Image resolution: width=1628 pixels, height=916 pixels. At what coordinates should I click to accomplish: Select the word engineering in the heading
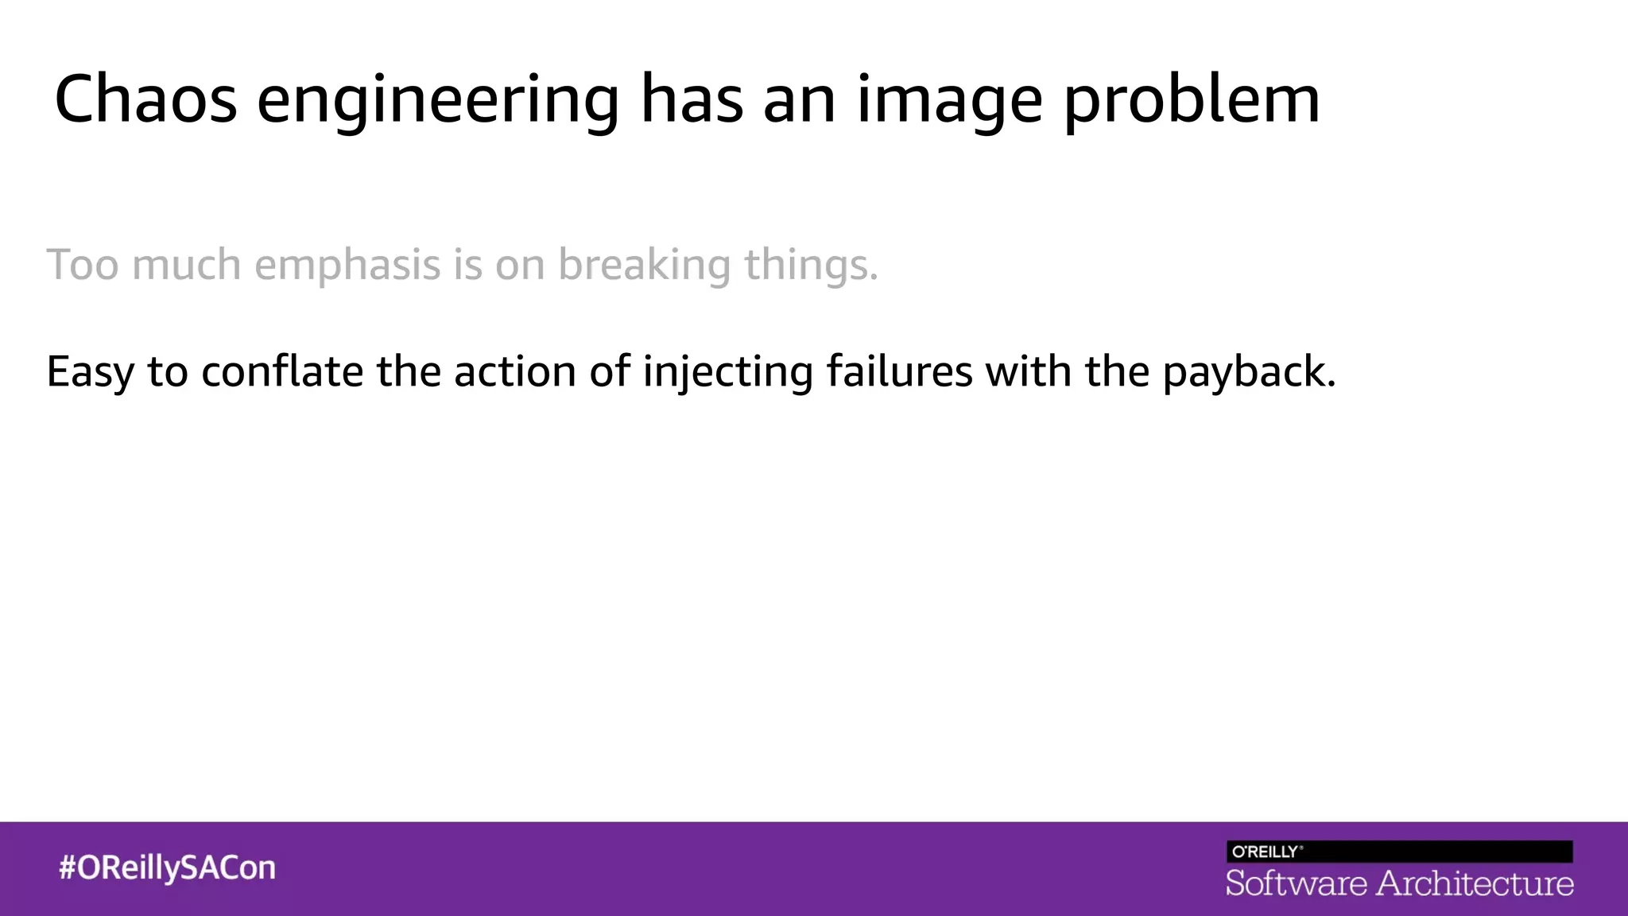point(437,102)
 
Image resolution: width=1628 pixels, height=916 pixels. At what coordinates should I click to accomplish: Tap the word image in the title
point(949,102)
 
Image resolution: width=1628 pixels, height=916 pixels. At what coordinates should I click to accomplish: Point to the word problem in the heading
point(1192,102)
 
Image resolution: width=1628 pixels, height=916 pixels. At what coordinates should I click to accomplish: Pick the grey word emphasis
point(347,266)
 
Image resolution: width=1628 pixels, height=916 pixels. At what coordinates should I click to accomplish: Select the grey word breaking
point(644,266)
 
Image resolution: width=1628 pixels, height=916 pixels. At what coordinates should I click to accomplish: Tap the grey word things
point(811,266)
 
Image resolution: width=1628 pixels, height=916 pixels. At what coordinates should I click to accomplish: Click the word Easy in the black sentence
point(90,372)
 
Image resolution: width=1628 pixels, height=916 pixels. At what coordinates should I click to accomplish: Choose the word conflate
point(282,371)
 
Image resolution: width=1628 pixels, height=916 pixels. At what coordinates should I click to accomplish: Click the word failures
point(899,371)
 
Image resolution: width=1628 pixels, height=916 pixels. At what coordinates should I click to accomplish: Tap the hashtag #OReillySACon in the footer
point(167,867)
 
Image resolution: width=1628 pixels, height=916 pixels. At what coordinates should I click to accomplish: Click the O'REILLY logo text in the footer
point(1266,852)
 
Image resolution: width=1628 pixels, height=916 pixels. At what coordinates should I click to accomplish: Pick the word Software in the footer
point(1296,883)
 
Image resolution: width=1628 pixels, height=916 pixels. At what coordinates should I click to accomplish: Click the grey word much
point(187,264)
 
